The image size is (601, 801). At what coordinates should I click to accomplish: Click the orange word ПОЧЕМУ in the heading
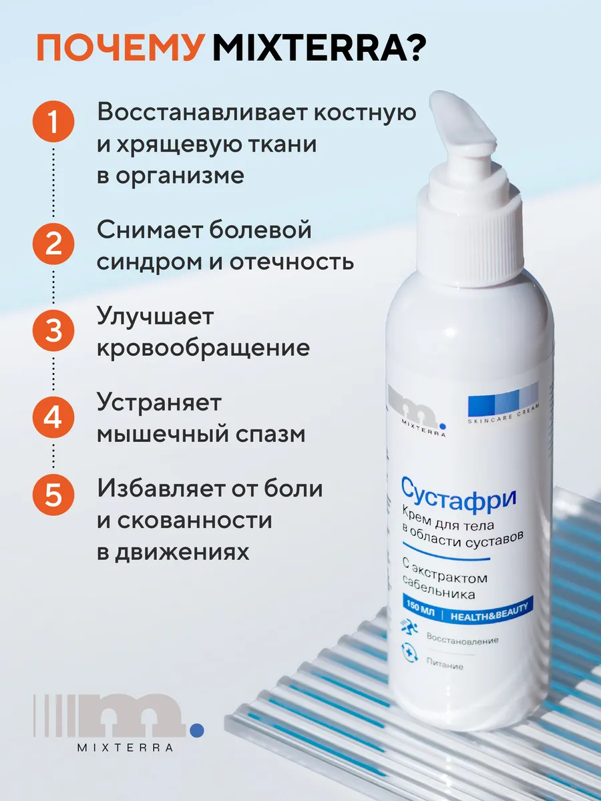point(120,48)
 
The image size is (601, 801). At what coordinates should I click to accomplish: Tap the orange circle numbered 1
point(53,121)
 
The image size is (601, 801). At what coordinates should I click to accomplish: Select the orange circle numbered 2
point(53,244)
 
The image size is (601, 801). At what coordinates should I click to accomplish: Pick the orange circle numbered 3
point(53,330)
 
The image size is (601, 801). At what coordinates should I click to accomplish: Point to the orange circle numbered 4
point(53,417)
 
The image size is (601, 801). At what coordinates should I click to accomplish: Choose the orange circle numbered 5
point(53,495)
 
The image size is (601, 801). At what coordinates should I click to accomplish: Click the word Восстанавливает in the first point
point(202,111)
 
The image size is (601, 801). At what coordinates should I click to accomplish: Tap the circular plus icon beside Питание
point(409,663)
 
